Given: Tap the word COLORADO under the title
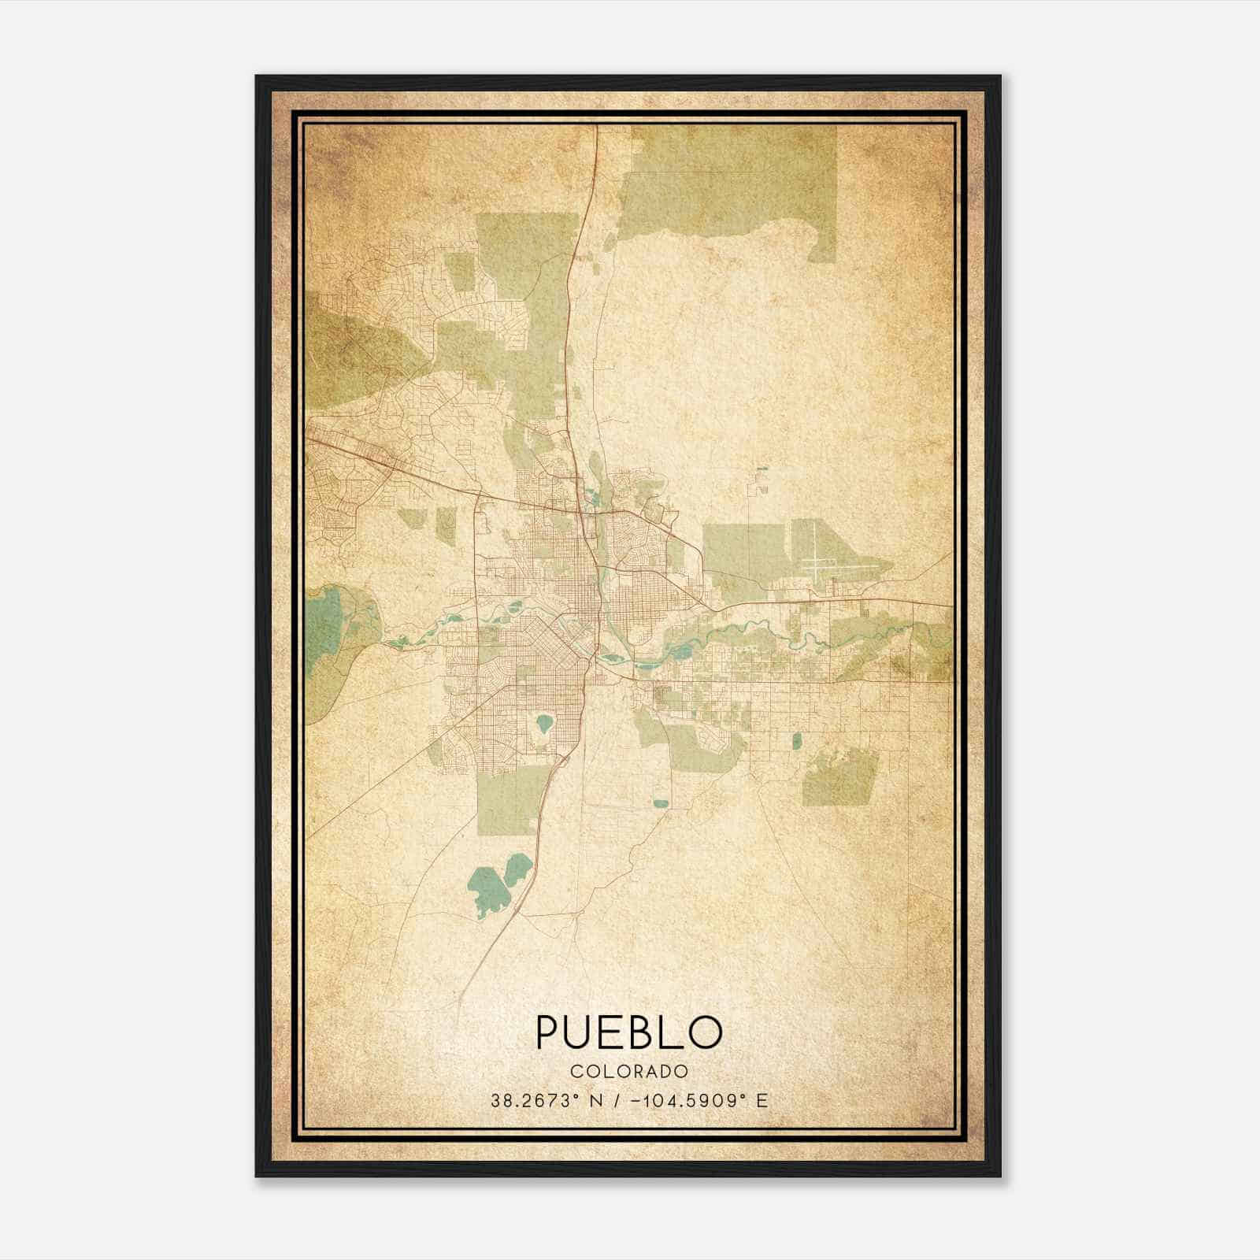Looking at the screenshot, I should (x=629, y=1071).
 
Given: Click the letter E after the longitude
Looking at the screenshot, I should (x=762, y=1101).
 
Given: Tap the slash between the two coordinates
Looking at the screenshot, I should (x=618, y=1101).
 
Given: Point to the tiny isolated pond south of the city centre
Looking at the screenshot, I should (x=660, y=804).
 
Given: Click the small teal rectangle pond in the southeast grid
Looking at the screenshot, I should (x=796, y=740).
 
